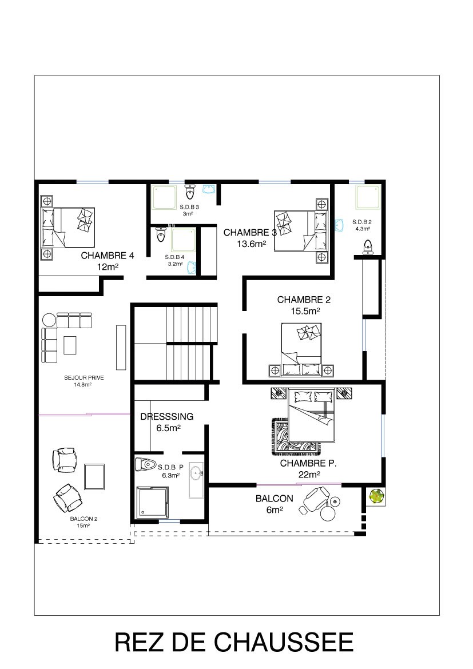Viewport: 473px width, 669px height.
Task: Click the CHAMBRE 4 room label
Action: (108, 256)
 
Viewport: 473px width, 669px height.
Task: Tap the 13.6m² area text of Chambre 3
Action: (252, 244)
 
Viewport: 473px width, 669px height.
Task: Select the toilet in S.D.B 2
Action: (367, 246)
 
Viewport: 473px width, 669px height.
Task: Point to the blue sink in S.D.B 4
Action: (192, 266)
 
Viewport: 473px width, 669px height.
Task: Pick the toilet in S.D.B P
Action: (145, 464)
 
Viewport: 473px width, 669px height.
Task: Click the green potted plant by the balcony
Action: (376, 496)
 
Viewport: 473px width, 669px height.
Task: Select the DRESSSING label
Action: (167, 416)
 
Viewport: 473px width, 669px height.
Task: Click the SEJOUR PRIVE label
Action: (84, 377)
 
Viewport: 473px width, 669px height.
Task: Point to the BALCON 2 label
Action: (84, 519)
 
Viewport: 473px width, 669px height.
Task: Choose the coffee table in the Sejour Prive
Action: (70, 345)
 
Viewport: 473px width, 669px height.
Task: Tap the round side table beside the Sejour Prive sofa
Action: (49, 320)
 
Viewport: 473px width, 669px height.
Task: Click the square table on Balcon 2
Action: (94, 476)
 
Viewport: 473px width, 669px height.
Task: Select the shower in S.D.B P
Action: (152, 502)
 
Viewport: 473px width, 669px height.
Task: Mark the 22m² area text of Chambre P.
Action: (309, 475)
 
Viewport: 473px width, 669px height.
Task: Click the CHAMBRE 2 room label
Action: (304, 300)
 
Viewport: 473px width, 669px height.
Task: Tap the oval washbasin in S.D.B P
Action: (197, 473)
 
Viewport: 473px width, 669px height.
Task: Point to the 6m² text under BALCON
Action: (274, 509)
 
